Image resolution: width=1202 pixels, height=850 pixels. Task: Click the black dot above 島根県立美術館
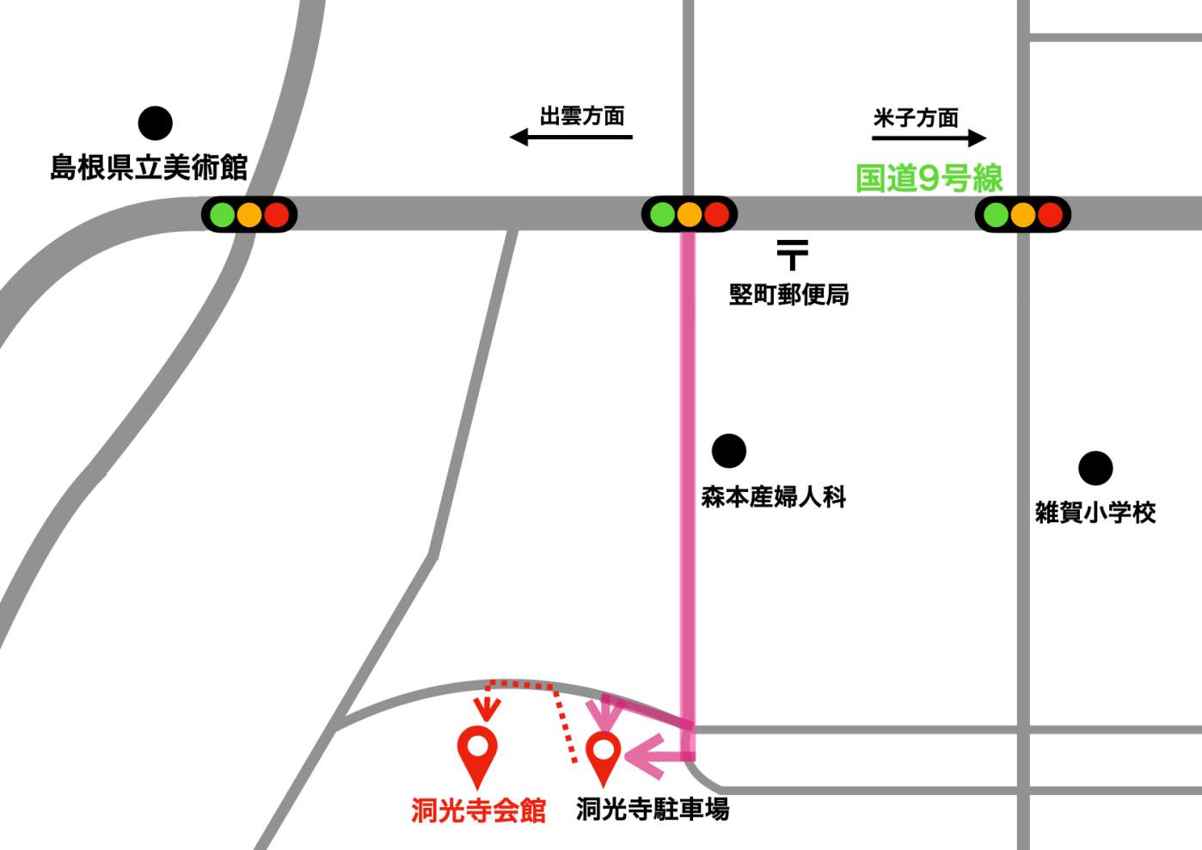(156, 123)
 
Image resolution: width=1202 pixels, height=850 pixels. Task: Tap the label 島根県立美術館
(149, 167)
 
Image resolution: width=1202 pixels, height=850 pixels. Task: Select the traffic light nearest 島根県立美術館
(249, 214)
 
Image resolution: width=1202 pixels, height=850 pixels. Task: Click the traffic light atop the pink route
(690, 214)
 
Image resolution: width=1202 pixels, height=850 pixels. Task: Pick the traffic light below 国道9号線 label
(1022, 214)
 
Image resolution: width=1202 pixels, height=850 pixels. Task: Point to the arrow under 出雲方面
(571, 137)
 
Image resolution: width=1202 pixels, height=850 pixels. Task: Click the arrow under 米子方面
(929, 138)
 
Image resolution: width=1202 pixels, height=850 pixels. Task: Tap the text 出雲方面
(582, 116)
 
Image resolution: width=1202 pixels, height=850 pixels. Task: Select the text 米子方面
(916, 118)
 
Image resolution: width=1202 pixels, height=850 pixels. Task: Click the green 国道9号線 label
(929, 178)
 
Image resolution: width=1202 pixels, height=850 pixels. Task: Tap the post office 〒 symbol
(793, 255)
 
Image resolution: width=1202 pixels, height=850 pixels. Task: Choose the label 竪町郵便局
(788, 294)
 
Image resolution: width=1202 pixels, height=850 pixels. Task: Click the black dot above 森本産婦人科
(729, 451)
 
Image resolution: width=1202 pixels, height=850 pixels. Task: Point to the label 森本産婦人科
(773, 496)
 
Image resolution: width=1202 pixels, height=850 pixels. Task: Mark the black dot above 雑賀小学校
(1095, 469)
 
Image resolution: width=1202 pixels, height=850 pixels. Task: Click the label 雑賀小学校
(1095, 513)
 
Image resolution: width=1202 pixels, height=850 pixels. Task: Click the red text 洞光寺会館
(478, 810)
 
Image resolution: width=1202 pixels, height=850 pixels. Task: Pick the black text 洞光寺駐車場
(653, 809)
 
